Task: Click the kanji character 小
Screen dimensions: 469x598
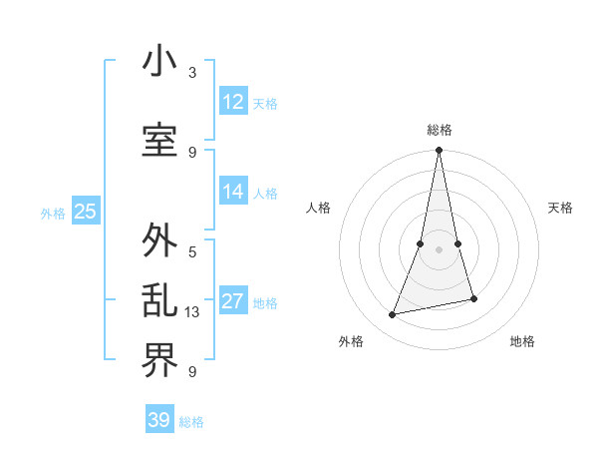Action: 159,62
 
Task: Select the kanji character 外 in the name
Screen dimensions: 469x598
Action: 159,241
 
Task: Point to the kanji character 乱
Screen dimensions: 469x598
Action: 159,301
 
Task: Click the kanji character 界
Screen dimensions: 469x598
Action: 159,359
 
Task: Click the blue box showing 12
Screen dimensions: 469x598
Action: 233,102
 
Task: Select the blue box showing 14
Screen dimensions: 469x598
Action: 233,192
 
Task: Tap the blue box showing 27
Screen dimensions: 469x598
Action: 233,301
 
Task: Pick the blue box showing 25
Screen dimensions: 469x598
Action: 86,212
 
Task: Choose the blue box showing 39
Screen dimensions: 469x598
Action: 159,420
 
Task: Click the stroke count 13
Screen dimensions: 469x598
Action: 193,312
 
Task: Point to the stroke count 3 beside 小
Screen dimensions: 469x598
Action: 192,73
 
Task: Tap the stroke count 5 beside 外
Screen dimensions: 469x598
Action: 192,251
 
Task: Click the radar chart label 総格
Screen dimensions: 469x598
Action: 439,130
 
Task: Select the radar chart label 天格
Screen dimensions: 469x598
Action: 560,208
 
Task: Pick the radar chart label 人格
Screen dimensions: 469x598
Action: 318,208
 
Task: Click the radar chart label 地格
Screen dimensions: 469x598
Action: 522,341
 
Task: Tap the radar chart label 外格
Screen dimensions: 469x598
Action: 350,341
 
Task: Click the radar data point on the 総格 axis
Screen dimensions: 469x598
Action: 439,151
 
